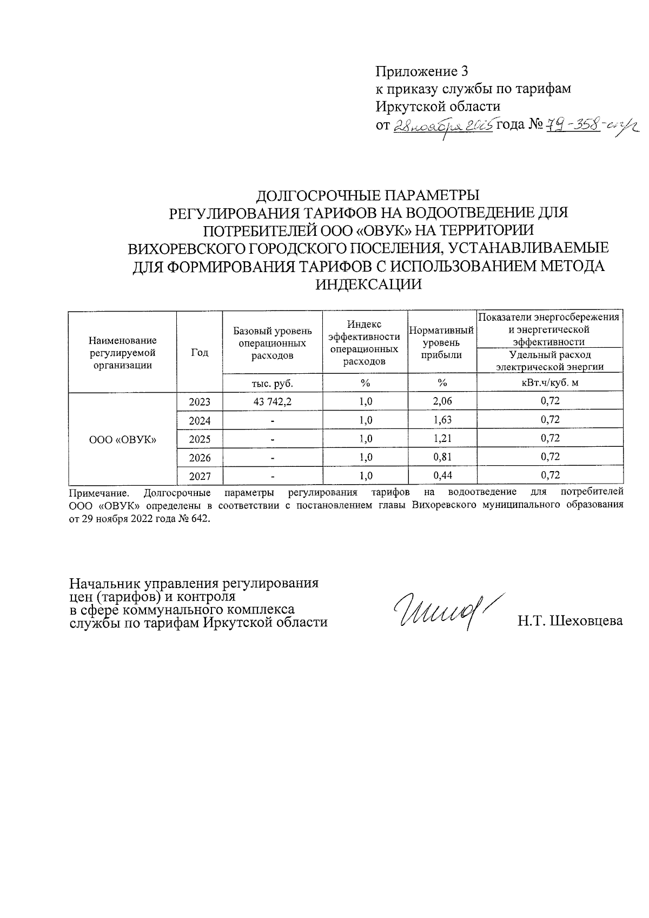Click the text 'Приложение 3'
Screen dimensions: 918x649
421,71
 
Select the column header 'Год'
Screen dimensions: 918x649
200,352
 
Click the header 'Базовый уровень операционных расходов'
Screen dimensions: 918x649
273,343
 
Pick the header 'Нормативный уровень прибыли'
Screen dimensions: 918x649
442,342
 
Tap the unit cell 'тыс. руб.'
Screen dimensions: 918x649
273,383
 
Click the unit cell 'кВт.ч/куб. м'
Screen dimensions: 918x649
550,383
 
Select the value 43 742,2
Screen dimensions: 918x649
273,401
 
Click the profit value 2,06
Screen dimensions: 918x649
442,401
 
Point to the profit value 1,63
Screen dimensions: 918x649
442,420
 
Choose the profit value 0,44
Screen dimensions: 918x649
442,475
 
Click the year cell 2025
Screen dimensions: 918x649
200,439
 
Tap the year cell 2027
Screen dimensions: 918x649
200,476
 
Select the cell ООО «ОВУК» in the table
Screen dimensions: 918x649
123,439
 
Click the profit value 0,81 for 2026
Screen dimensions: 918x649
442,457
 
